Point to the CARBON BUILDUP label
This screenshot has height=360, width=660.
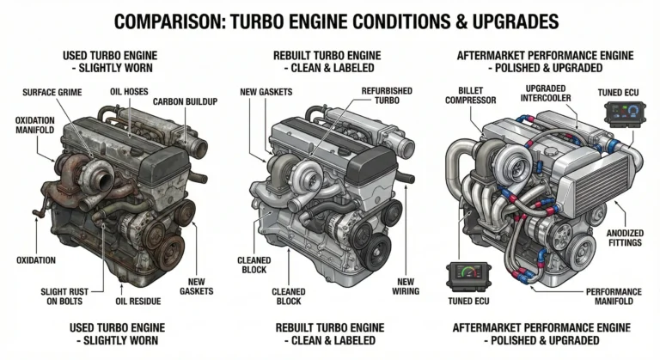click(184, 101)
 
